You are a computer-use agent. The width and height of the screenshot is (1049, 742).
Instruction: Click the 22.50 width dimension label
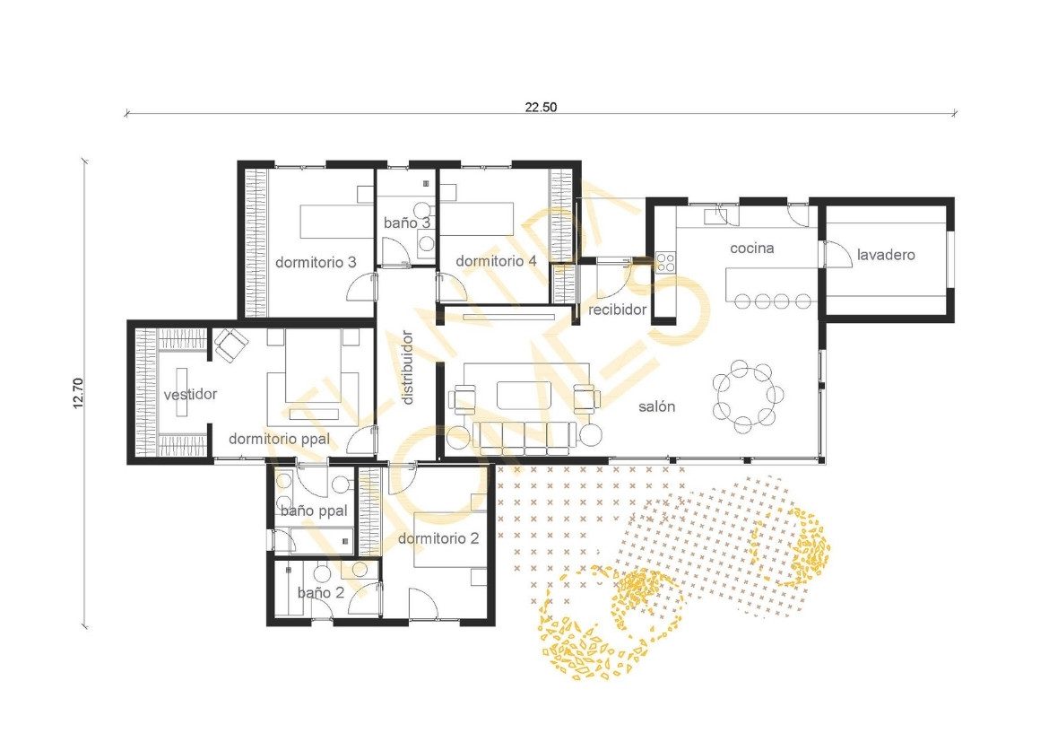click(x=541, y=107)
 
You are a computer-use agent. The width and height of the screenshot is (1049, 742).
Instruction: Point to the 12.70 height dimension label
click(x=78, y=393)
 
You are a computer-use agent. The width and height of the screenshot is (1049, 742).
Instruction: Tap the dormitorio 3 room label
click(x=316, y=263)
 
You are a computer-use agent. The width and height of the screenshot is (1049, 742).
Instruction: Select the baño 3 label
click(x=407, y=223)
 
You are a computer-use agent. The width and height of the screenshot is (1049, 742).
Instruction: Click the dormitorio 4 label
click(x=496, y=261)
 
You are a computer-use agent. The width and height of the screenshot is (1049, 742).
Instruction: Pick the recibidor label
click(x=618, y=310)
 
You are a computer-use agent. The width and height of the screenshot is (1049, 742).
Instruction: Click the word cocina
click(x=752, y=249)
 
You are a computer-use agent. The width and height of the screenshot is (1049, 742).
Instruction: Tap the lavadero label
click(x=886, y=255)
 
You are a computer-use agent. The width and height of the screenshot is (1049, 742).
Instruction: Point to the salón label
click(x=656, y=406)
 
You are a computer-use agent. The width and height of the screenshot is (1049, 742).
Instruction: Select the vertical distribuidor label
click(x=407, y=367)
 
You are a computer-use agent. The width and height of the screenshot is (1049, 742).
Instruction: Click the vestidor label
click(x=191, y=395)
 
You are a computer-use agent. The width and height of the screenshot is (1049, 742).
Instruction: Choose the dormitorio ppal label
click(x=280, y=440)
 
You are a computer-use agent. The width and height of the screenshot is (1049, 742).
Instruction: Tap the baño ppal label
click(x=314, y=511)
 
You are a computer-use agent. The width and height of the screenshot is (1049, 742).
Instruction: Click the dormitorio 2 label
click(x=438, y=538)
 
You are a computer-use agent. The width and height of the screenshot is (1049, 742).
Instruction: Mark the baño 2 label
click(x=321, y=593)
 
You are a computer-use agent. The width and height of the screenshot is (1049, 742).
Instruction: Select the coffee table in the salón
click(x=524, y=394)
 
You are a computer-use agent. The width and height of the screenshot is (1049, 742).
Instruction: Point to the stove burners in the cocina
click(x=665, y=262)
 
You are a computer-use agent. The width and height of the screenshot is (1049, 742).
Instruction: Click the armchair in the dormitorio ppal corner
click(x=230, y=345)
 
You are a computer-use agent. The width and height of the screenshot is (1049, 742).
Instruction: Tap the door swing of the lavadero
click(x=837, y=255)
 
